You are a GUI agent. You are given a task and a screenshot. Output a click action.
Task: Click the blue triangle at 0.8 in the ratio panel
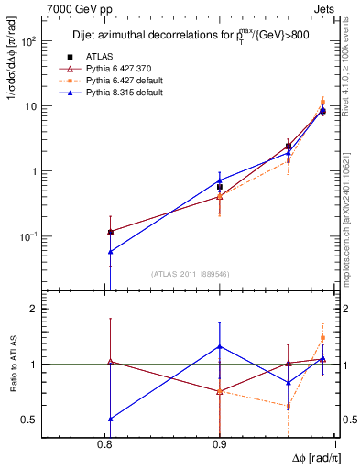[110, 419]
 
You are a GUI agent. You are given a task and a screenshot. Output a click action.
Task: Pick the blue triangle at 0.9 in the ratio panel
[220, 346]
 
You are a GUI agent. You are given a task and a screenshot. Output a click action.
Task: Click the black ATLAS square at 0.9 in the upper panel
[220, 186]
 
